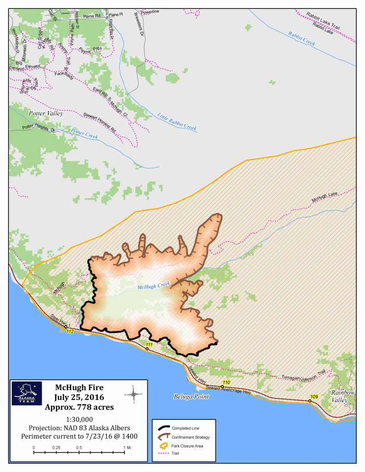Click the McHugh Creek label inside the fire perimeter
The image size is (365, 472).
[x=154, y=286]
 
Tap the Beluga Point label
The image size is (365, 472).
[x=191, y=396]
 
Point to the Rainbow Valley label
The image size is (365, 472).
[x=343, y=396]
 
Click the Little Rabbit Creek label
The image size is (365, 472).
[x=177, y=121]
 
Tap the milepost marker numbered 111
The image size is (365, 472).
[x=149, y=345]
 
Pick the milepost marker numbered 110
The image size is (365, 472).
[x=226, y=383]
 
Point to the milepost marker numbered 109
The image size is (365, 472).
[x=313, y=397]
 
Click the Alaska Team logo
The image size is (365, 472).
[x=27, y=394]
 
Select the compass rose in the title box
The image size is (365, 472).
[x=133, y=394]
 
